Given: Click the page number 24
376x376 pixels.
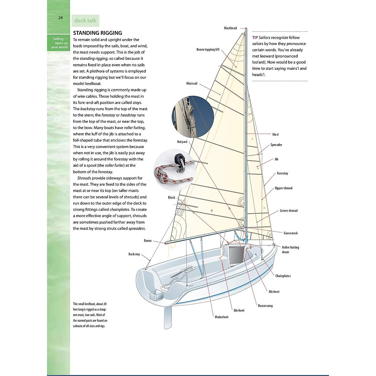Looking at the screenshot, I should pyautogui.click(x=60, y=18).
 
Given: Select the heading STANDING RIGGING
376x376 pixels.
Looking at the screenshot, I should pyautogui.click(x=97, y=33).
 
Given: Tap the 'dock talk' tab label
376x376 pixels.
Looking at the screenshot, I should pyautogui.click(x=85, y=21).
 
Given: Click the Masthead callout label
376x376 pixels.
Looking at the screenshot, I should pyautogui.click(x=230, y=28).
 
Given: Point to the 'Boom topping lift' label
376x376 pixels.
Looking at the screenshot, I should pyautogui.click(x=208, y=50).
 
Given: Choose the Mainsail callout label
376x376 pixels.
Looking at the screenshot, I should pyautogui.click(x=192, y=84).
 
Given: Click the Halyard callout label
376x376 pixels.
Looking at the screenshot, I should pyautogui.click(x=182, y=142).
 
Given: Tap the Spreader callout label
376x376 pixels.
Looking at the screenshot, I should pyautogui.click(x=276, y=145).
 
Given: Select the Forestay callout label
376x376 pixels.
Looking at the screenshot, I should pyautogui.click(x=282, y=173).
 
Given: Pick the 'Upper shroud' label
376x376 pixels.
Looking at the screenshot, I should pyautogui.click(x=283, y=188).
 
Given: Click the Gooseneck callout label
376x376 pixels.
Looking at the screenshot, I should pyautogui.click(x=290, y=233).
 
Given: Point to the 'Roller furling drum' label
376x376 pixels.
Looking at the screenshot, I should pyautogui.click(x=290, y=249).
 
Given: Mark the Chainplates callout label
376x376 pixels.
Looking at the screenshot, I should pyautogui.click(x=283, y=276).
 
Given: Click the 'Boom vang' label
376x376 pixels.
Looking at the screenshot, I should pyautogui.click(x=265, y=306).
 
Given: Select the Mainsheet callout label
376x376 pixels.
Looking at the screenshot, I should pyautogui.click(x=221, y=317).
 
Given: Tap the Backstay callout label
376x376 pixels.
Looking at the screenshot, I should pyautogui.click(x=134, y=254).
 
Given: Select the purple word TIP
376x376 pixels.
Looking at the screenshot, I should pyautogui.click(x=255, y=38).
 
